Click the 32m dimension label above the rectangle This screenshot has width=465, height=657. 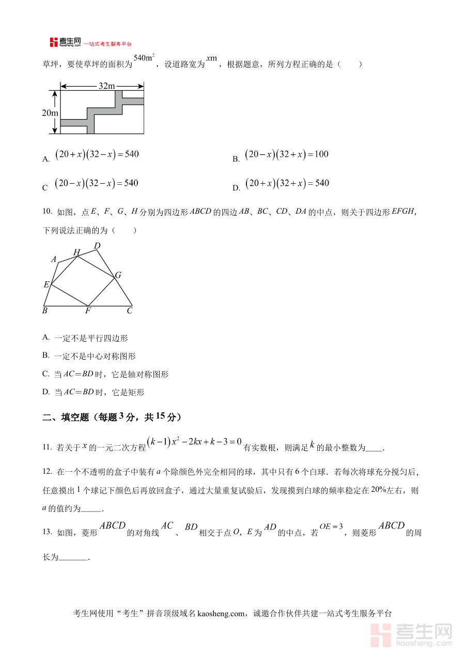tap(106, 86)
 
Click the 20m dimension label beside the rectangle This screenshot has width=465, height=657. tap(50, 113)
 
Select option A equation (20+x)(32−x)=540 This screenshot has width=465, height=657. tap(97, 154)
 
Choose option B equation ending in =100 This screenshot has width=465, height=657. tap(287, 154)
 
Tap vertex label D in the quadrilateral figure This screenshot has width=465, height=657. tap(97, 246)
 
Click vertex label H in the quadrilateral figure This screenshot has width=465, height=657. tap(76, 252)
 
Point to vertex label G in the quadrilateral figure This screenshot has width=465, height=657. tap(118, 276)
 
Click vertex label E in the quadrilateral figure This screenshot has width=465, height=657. tap(47, 284)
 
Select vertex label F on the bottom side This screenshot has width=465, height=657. tap(88, 311)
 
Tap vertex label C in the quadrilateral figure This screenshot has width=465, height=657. tap(130, 311)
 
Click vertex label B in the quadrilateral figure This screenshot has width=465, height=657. tap(45, 311)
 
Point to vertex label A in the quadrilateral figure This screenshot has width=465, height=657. tap(54, 260)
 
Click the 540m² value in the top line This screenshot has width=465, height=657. tap(144, 58)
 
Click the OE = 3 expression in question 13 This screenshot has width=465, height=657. tap(331, 526)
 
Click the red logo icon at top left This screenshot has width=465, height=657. tap(54, 42)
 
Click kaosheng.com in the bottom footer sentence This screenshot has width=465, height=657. tap(221, 614)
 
